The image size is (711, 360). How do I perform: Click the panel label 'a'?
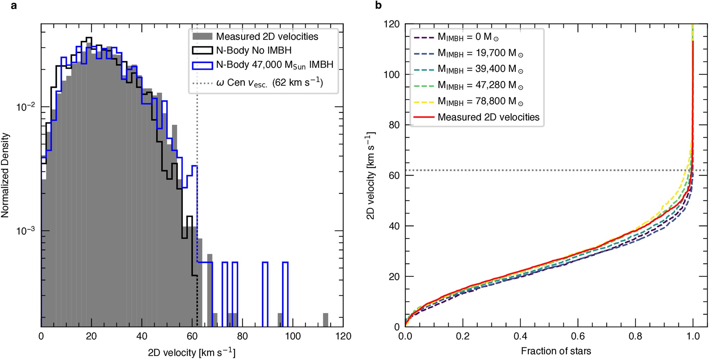pos(14,6)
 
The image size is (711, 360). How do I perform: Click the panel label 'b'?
pos(378,6)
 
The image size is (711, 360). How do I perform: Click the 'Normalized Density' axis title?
pos(5,175)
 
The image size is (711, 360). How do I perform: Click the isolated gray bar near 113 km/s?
pos(325,320)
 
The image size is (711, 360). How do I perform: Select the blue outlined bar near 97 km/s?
pos(285,294)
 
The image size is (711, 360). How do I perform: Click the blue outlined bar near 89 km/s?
pos(265,294)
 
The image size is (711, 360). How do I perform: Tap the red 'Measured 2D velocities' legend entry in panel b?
pos(488,117)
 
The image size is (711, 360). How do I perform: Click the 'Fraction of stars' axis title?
pos(556,351)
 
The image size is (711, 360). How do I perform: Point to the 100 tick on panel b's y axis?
pos(391,75)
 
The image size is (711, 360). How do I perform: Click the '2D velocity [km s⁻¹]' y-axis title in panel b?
pos(371,175)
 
